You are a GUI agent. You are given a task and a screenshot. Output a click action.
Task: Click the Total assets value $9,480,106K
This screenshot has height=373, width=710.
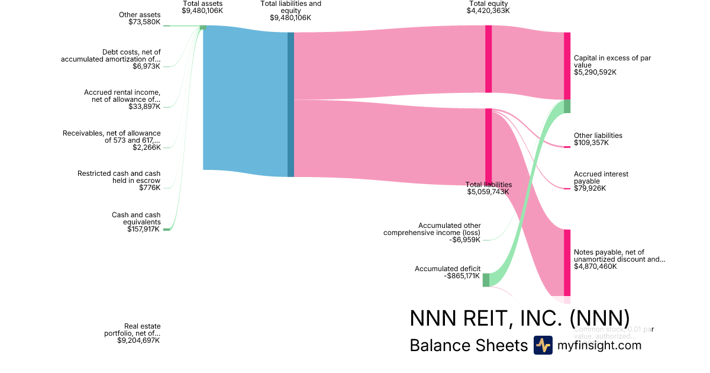pyautogui.click(x=202, y=11)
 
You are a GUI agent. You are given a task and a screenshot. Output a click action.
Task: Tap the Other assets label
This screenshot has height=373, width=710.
pyautogui.click(x=140, y=15)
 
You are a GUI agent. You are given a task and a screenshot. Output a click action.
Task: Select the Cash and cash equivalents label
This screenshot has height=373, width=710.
pyautogui.click(x=136, y=218)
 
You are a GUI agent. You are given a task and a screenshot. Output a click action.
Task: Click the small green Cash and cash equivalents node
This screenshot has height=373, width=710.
pyautogui.click(x=166, y=229)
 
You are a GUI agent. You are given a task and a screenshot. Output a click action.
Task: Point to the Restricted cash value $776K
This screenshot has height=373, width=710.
pyautogui.click(x=149, y=188)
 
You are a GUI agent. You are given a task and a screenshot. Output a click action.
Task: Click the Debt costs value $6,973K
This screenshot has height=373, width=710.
pyautogui.click(x=147, y=66)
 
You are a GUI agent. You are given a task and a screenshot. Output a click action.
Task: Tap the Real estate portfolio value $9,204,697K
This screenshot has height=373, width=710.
pyautogui.click(x=138, y=340)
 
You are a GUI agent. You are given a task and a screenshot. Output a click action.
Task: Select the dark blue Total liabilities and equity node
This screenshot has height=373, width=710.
pyautogui.click(x=291, y=104)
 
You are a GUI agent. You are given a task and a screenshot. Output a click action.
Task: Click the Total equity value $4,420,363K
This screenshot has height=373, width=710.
pyautogui.click(x=488, y=11)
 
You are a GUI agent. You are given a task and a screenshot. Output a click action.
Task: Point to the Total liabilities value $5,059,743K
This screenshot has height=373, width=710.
pyautogui.click(x=488, y=192)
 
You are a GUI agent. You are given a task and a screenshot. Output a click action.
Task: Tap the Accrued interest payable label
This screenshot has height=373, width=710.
pyautogui.click(x=601, y=178)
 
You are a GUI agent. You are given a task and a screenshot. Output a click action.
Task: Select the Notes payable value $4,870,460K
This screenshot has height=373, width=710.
pyautogui.click(x=595, y=266)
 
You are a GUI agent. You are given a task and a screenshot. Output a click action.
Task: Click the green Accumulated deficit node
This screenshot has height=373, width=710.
pyautogui.click(x=486, y=280)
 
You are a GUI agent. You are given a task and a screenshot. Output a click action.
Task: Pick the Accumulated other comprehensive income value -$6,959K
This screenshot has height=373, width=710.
pyautogui.click(x=464, y=240)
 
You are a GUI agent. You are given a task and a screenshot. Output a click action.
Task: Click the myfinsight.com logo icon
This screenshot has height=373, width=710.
pyautogui.click(x=543, y=345)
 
